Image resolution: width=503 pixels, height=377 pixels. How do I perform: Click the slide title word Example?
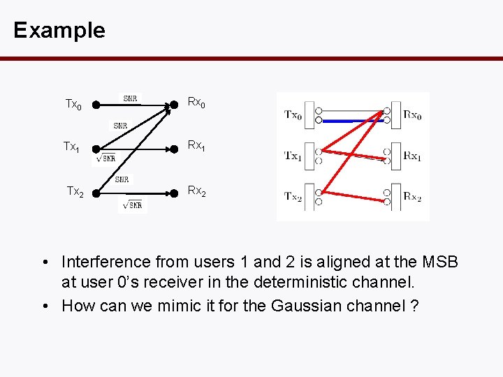coord(59,30)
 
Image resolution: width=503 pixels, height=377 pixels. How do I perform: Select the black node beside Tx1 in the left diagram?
coord(96,149)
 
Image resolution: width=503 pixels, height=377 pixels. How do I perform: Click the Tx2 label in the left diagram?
coord(75,192)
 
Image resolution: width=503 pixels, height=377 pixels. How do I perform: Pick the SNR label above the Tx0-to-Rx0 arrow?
coord(130,98)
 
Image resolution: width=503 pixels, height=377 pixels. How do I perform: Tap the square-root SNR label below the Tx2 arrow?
coord(132,205)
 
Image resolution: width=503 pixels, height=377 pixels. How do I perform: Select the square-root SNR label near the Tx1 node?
coord(104,159)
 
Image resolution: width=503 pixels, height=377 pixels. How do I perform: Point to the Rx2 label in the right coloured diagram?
coord(412,197)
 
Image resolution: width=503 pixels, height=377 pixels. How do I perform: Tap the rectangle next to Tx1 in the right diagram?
coord(310,156)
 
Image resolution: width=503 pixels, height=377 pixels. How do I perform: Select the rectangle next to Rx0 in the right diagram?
coord(396,115)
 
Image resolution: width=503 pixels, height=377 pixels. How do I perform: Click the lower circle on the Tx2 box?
coord(319,202)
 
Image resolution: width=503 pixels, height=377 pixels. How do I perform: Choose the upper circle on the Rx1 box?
coord(386,151)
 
